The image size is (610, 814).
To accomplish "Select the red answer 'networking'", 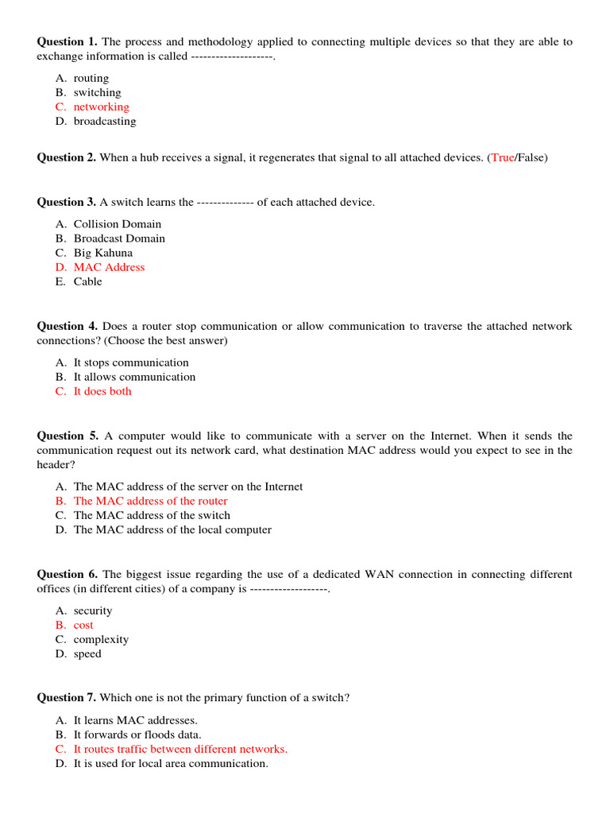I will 101,107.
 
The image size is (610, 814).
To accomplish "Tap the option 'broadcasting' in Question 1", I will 104,122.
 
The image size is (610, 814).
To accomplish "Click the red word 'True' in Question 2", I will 503,158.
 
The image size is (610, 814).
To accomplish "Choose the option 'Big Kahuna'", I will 103,254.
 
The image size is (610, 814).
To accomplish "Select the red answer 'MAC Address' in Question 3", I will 109,268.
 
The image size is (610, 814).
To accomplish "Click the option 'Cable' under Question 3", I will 87,282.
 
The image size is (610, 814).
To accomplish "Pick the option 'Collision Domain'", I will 117,224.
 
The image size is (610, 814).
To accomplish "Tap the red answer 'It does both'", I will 102,392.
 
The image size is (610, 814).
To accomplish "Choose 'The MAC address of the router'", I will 150,502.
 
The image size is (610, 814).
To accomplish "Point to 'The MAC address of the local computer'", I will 172,530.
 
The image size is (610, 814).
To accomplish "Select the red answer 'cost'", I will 83,626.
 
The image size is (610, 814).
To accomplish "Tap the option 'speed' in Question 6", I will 87,654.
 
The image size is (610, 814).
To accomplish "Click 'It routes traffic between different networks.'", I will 180,750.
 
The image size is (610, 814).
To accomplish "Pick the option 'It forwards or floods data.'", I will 137,735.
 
